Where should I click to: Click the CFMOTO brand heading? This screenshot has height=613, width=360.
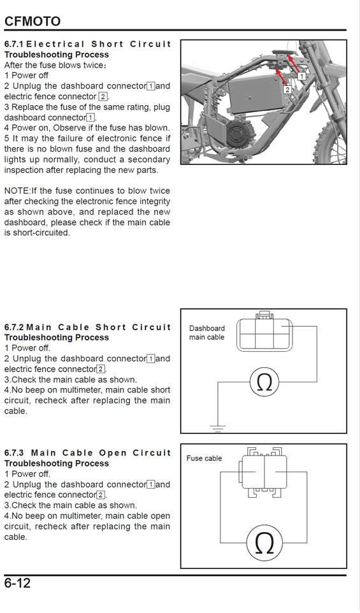32,21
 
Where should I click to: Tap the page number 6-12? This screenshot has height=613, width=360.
18,583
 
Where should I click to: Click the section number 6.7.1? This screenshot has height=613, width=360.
13,45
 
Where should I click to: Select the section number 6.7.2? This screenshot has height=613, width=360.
13,328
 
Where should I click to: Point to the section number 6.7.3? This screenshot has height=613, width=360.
13,453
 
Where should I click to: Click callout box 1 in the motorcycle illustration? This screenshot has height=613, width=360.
301,75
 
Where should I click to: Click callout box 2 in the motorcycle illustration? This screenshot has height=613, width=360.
287,90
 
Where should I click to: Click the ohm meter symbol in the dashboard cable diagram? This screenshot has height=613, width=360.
263,382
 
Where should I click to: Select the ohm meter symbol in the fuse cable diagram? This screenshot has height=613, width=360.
264,543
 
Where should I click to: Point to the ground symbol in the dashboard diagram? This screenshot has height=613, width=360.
218,428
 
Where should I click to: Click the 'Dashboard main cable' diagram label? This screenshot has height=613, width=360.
206,333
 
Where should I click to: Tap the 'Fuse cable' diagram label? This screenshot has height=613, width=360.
204,458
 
